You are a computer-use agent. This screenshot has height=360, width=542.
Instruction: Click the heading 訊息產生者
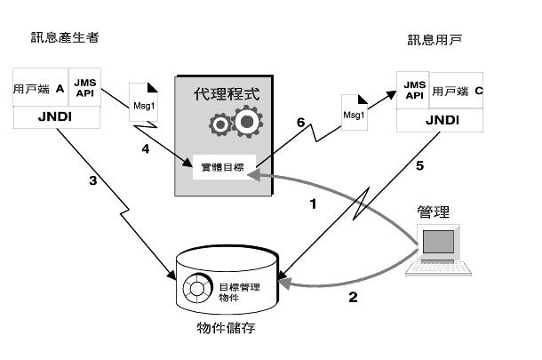[x=65, y=37]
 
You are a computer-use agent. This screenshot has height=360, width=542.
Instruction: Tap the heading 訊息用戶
[x=434, y=40]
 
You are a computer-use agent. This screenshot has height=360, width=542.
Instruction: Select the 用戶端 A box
[x=41, y=87]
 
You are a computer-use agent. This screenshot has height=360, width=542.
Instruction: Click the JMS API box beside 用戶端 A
[x=84, y=87]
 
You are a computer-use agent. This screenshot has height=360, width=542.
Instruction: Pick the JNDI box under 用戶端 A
[x=57, y=117]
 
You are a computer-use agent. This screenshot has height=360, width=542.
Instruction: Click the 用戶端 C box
[x=457, y=91]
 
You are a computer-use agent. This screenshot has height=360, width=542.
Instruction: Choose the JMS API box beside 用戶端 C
[x=413, y=90]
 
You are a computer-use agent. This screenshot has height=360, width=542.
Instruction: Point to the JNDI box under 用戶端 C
[x=440, y=120]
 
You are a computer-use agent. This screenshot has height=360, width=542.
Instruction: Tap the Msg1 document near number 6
[x=355, y=112]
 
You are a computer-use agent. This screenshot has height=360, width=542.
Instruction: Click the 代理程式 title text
[x=227, y=94]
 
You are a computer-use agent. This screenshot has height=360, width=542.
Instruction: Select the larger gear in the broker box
[x=247, y=122]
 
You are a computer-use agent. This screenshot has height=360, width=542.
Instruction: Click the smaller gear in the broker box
[x=220, y=124]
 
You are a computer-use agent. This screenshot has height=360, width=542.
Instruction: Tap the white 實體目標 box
[x=224, y=167]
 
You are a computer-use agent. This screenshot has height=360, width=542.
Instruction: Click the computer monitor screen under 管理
[x=438, y=242]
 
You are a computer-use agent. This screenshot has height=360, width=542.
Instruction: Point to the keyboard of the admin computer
[x=439, y=269]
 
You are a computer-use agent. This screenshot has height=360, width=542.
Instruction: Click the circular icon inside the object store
[x=197, y=288]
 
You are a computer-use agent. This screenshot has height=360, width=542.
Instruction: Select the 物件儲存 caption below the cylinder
[x=226, y=327]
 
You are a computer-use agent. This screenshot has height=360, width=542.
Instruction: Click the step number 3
[x=93, y=180]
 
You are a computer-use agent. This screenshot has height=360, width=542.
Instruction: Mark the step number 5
[x=419, y=166]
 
